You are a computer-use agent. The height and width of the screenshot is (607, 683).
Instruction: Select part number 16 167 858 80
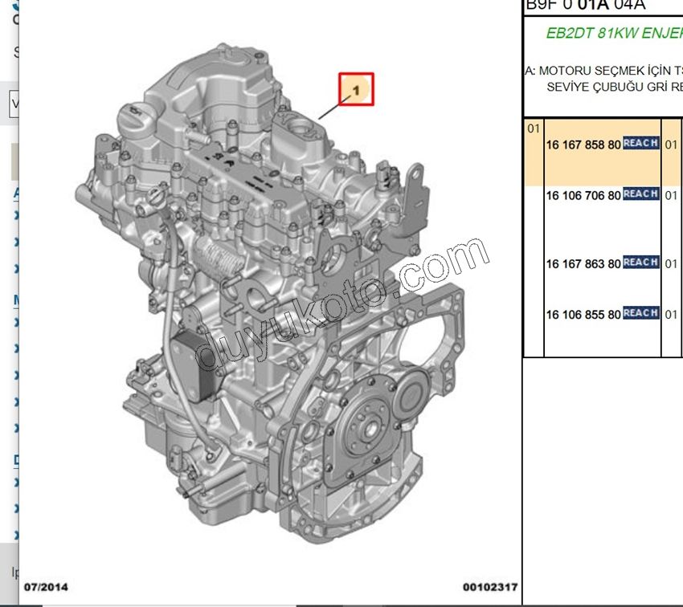tap(583, 145)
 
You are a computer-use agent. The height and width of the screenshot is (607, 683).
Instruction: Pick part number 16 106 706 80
tap(583, 195)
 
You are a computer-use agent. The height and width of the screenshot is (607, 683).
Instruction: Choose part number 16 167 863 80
tap(583, 263)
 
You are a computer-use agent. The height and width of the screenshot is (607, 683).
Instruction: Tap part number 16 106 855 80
tap(583, 315)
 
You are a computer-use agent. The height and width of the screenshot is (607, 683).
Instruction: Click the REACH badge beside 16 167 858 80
tap(641, 144)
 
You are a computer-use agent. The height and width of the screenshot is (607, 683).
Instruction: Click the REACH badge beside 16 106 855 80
tap(641, 313)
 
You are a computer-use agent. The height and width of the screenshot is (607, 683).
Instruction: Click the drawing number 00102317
tap(489, 587)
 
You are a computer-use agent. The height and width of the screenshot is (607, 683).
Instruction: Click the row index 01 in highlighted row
tap(534, 128)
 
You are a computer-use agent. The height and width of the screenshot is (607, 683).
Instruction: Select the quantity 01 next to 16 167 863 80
tap(672, 264)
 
